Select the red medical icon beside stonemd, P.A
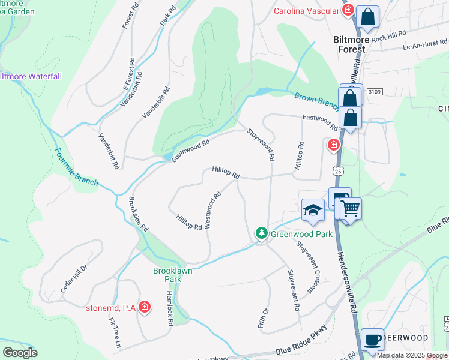click(144, 308)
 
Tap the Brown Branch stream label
click(317, 100)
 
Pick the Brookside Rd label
click(138, 217)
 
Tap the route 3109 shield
click(374, 92)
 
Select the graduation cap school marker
click(313, 209)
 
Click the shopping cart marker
click(350, 208)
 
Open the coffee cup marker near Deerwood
click(373, 340)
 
